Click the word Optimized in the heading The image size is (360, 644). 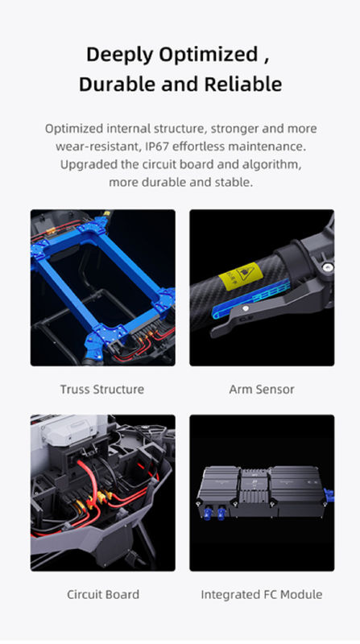point(209,55)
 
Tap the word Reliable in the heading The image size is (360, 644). point(243,85)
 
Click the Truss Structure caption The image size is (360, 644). point(102,390)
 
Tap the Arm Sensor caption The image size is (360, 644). point(262,390)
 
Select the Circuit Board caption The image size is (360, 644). point(103,594)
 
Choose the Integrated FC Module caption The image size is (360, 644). point(262,594)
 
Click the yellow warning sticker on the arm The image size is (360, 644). point(238,276)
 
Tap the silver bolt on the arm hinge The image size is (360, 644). point(328,268)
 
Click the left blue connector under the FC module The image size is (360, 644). point(209,513)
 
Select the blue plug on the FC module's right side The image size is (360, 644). point(329,494)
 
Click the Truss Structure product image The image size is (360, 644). point(103,287)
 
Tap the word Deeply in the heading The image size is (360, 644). point(119,55)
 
